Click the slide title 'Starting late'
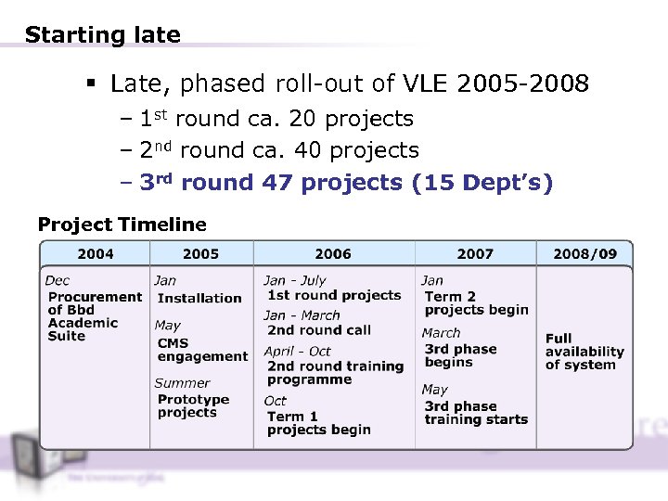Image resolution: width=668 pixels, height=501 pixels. click(102, 35)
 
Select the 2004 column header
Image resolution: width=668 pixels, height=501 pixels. click(96, 253)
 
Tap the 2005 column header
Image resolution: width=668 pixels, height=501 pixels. click(200, 253)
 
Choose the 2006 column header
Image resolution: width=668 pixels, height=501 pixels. click(332, 253)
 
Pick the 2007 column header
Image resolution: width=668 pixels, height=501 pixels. click(475, 253)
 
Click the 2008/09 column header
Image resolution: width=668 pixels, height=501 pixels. click(584, 253)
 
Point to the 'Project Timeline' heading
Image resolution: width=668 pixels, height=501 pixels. click(122, 225)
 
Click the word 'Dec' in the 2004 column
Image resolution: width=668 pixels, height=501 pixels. click(57, 280)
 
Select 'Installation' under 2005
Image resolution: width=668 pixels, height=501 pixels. click(199, 298)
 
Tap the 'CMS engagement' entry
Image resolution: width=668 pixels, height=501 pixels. click(202, 350)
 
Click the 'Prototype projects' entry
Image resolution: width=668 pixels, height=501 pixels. click(193, 406)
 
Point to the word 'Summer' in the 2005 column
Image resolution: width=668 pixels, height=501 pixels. click(182, 382)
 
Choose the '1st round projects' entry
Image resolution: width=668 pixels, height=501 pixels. click(334, 295)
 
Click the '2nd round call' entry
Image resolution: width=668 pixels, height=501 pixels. click(318, 330)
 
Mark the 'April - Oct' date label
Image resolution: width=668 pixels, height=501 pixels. click(297, 351)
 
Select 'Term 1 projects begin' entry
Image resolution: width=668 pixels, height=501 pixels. click(318, 423)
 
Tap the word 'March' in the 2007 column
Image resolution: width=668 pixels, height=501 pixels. click(441, 332)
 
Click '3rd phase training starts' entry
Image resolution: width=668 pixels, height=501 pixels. click(475, 413)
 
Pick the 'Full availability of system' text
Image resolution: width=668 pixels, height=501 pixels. click(584, 352)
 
